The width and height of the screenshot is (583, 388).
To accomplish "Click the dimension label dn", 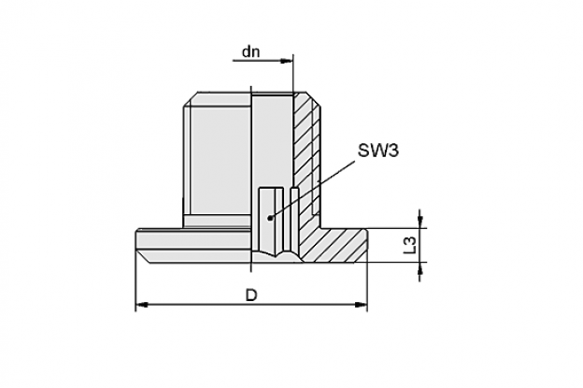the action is pyautogui.click(x=250, y=51).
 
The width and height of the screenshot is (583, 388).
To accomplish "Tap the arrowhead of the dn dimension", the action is pyautogui.click(x=287, y=61).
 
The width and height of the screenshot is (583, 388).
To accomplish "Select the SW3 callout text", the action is pyautogui.click(x=377, y=151).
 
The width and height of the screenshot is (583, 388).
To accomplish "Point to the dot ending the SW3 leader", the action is pyautogui.click(x=270, y=218).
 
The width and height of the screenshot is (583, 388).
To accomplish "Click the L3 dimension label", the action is pyautogui.click(x=410, y=246).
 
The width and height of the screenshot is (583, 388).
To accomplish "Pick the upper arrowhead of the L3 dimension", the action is pyautogui.click(x=420, y=222).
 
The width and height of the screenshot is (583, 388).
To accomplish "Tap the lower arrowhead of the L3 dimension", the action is pyautogui.click(x=420, y=268).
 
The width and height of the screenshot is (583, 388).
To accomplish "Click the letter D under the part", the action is pyautogui.click(x=251, y=295).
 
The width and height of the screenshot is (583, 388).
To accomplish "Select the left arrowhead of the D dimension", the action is pyautogui.click(x=142, y=305).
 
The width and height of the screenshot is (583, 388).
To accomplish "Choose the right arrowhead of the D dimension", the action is pyautogui.click(x=361, y=305).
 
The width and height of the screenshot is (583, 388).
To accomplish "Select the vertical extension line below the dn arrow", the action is pyautogui.click(x=293, y=74).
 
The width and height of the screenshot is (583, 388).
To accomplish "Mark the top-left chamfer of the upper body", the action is pyautogui.click(x=191, y=100).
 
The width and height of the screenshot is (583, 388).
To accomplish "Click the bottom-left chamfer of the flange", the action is pyautogui.click(x=143, y=257).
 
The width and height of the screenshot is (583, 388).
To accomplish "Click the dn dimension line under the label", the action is pyautogui.click(x=263, y=61).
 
